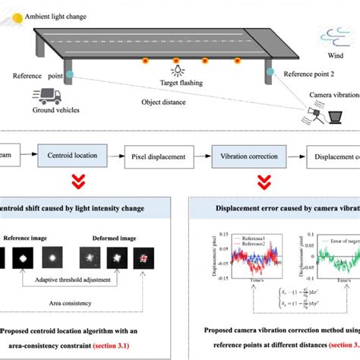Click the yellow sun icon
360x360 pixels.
[13, 14]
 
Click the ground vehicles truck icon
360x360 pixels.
[47, 96]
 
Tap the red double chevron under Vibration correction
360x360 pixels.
[264, 183]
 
